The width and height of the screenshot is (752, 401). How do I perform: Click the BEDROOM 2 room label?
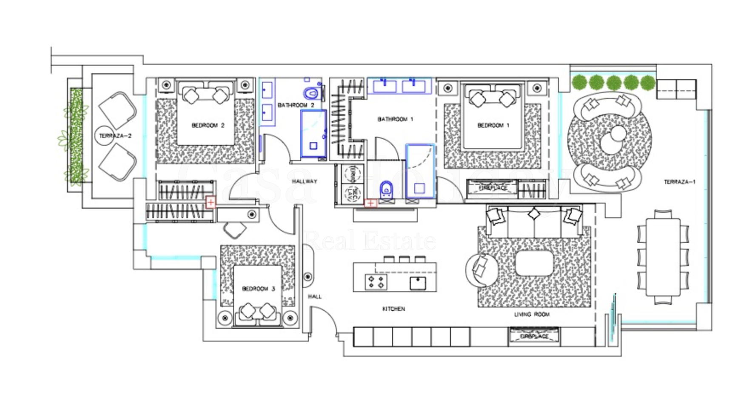(x=208, y=125)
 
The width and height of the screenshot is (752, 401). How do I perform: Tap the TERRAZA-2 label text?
(x=115, y=136)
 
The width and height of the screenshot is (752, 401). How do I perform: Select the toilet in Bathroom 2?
(x=311, y=93)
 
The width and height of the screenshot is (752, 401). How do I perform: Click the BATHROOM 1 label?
(x=395, y=119)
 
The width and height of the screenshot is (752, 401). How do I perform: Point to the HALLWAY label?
(x=305, y=181)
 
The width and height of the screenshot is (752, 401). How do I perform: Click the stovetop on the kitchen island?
(x=376, y=282)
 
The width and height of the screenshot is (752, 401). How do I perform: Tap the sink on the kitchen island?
(x=418, y=283)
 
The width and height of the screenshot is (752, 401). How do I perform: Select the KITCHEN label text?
(x=393, y=309)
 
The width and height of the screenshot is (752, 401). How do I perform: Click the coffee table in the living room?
(x=534, y=263)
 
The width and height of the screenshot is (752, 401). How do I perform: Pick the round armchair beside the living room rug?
(x=481, y=270)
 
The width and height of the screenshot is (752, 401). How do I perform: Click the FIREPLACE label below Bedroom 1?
(x=493, y=188)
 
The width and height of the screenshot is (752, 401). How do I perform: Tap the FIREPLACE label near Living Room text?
(x=534, y=336)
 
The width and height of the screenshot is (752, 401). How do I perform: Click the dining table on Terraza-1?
(x=663, y=257)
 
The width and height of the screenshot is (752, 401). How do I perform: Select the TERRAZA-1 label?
(x=679, y=182)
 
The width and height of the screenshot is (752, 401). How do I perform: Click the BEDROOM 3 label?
(x=258, y=289)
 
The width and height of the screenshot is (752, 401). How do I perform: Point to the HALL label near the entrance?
(x=315, y=296)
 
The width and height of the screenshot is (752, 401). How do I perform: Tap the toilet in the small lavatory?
(x=386, y=189)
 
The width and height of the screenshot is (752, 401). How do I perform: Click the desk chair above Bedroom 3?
(x=234, y=229)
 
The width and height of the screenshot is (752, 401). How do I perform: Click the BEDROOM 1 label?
(x=493, y=125)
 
